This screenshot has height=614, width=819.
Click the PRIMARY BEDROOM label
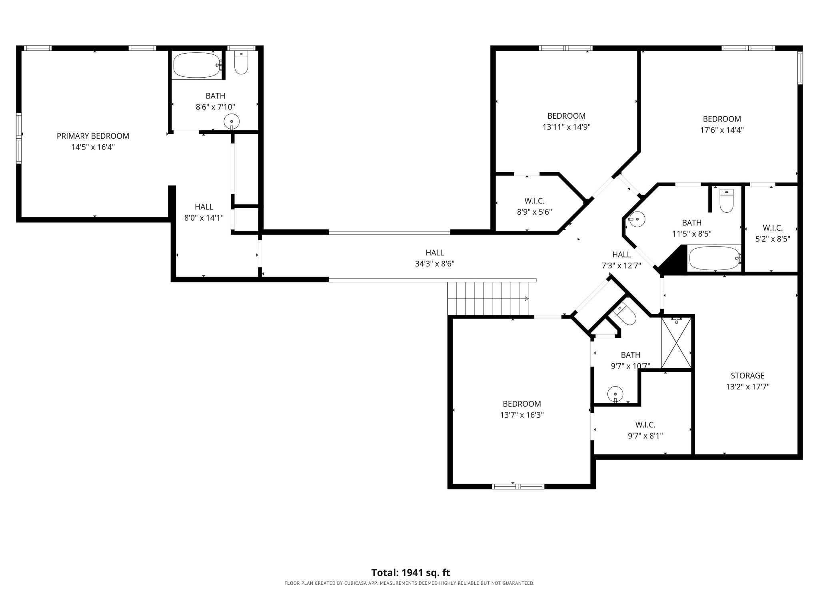pos(93,136)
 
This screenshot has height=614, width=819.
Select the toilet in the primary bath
pos(241,63)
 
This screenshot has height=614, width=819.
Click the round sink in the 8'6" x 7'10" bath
pos(232,121)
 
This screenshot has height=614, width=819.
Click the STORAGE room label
pos(747,375)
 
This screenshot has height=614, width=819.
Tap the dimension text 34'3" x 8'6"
pos(435,264)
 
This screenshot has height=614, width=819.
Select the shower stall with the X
pos(676,343)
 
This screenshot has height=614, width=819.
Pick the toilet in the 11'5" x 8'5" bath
pos(726,201)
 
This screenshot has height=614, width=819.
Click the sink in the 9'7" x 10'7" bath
pos(615,395)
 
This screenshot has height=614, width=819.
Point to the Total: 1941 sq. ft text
pos(411,572)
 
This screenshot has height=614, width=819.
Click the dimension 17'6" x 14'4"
pos(722,130)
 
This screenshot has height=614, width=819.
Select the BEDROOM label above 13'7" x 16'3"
pos(521,404)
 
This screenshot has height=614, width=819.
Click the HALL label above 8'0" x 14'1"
pos(204,207)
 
